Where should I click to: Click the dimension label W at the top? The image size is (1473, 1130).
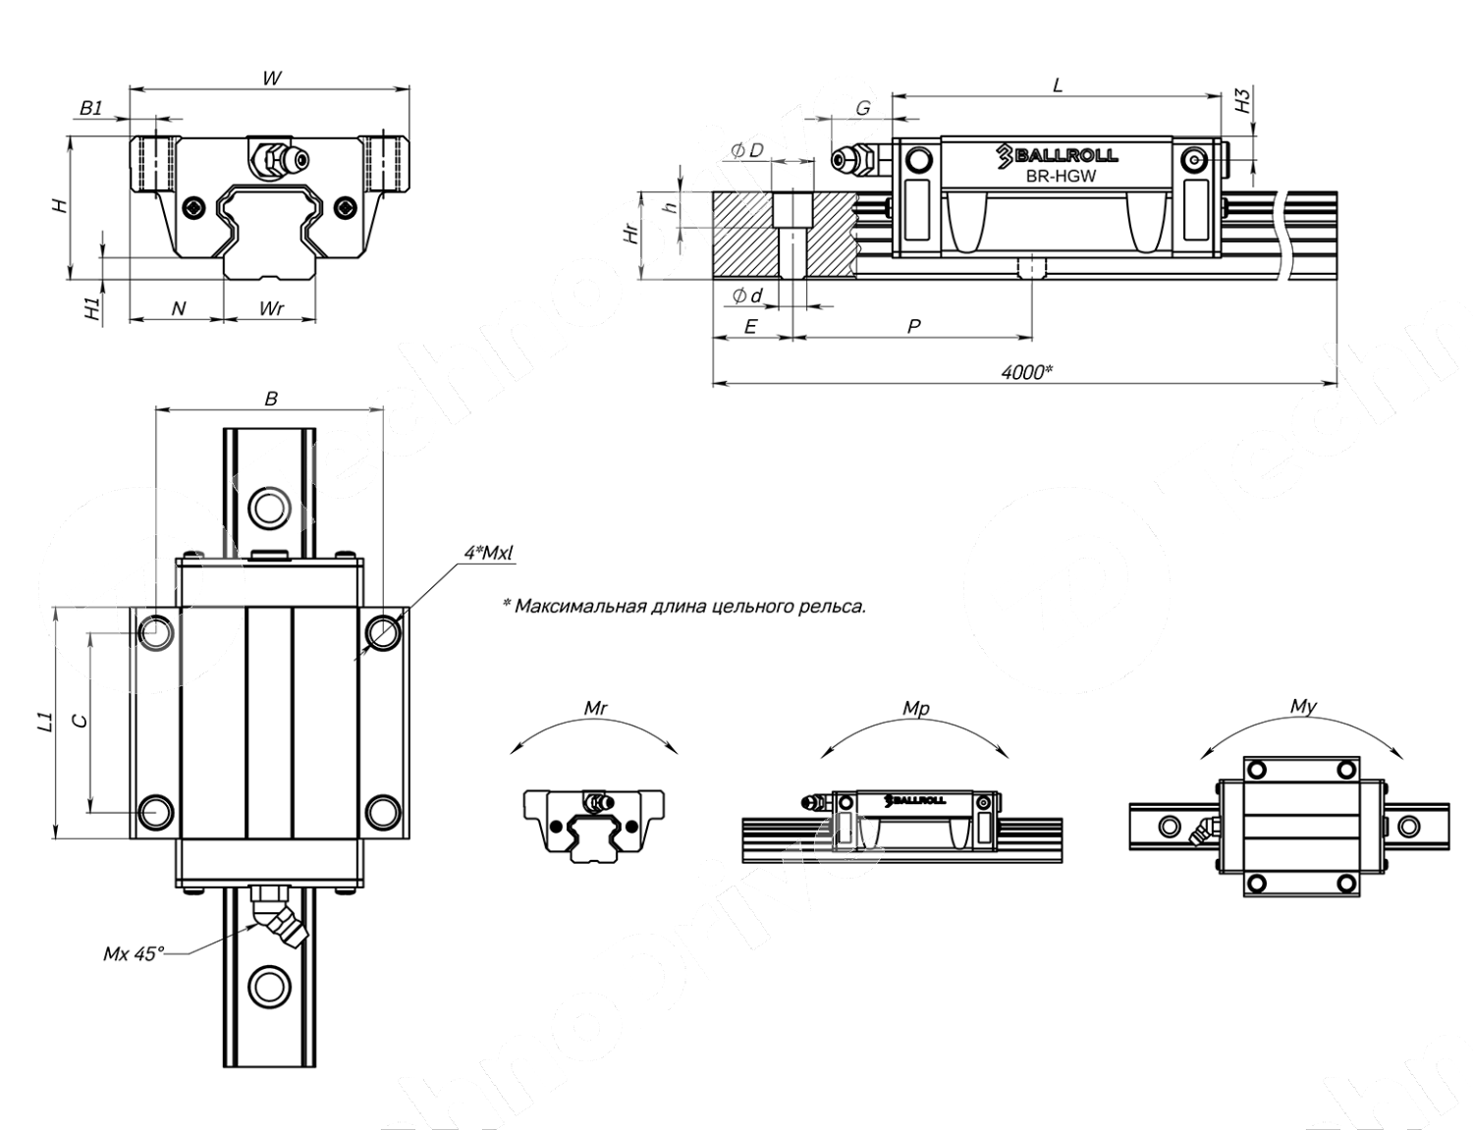pyautogui.click(x=272, y=78)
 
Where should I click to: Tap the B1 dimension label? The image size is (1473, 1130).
pyautogui.click(x=91, y=108)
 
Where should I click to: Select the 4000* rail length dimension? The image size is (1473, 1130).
pyautogui.click(x=1026, y=371)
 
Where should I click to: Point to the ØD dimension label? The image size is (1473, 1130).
pyautogui.click(x=746, y=150)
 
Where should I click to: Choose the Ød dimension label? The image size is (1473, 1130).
pyautogui.click(x=746, y=296)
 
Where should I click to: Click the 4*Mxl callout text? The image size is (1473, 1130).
pyautogui.click(x=488, y=554)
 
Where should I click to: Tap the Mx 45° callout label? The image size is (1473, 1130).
pyautogui.click(x=134, y=953)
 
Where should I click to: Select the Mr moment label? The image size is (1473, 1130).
pyautogui.click(x=595, y=708)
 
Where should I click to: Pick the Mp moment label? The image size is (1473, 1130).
pyautogui.click(x=915, y=708)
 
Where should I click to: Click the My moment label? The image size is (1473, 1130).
pyautogui.click(x=1303, y=706)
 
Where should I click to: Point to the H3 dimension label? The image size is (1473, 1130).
pyautogui.click(x=1243, y=100)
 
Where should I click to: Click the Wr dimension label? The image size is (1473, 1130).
pyautogui.click(x=271, y=308)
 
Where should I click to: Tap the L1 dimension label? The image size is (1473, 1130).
pyautogui.click(x=44, y=723)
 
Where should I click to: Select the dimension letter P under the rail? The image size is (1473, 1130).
pyautogui.click(x=913, y=326)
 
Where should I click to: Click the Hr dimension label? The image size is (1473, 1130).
pyautogui.click(x=633, y=234)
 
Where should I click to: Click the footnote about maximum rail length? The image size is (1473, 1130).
pyautogui.click(x=684, y=606)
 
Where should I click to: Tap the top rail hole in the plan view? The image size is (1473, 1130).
pyautogui.click(x=269, y=508)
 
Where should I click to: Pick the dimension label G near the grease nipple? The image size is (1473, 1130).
pyautogui.click(x=862, y=108)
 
